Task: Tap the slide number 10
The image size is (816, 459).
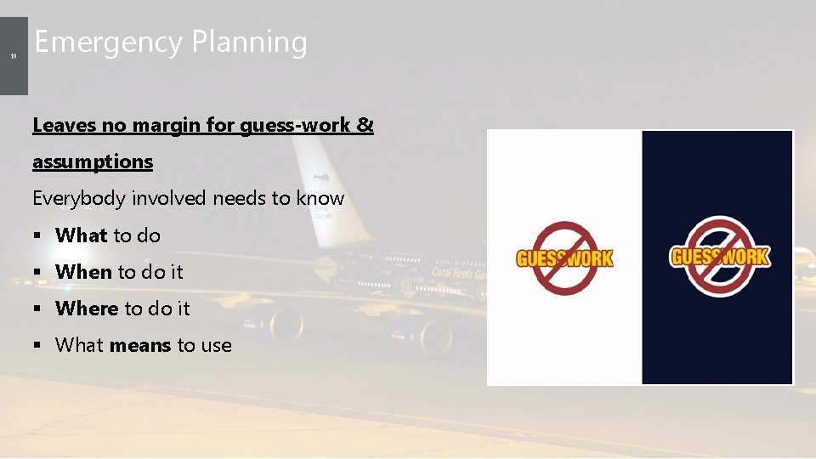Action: (x=14, y=56)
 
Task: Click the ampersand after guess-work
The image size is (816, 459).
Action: (x=365, y=125)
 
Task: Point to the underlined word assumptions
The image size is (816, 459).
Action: (x=93, y=161)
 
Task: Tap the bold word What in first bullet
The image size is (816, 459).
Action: (x=82, y=235)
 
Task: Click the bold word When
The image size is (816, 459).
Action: (x=83, y=272)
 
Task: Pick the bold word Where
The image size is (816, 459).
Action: (x=87, y=309)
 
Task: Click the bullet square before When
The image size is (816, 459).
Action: (x=37, y=273)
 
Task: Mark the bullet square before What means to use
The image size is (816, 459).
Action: (x=37, y=346)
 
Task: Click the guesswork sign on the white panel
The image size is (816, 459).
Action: (x=564, y=258)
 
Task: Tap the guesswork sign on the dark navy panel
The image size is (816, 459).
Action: (x=719, y=257)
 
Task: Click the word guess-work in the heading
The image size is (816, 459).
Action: (x=295, y=125)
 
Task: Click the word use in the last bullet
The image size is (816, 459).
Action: (x=216, y=345)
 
